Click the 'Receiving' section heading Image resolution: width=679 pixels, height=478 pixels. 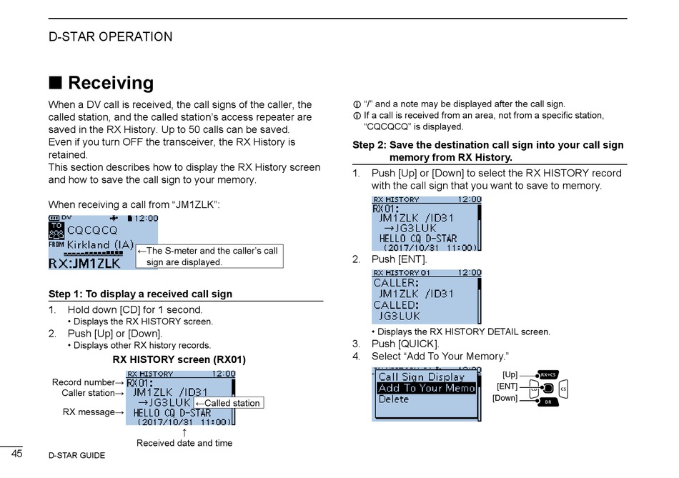110,83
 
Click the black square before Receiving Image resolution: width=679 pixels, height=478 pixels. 55,83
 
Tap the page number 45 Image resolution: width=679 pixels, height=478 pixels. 18,454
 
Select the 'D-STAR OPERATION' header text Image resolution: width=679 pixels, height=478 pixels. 110,37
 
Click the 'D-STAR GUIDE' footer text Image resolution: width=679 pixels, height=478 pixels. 76,455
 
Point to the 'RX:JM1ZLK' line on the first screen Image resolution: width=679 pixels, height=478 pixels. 84,263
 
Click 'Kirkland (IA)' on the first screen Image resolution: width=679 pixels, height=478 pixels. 101,244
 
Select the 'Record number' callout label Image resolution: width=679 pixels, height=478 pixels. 84,382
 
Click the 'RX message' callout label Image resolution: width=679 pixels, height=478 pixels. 89,412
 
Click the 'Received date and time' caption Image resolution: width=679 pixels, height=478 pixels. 184,443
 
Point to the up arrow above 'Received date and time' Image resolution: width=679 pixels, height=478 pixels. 184,432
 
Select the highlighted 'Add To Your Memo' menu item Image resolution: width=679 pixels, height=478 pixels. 426,388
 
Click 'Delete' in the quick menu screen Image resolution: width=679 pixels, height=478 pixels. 394,399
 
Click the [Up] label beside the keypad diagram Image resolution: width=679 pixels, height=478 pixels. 510,374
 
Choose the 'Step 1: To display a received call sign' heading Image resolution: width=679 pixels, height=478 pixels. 140,294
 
